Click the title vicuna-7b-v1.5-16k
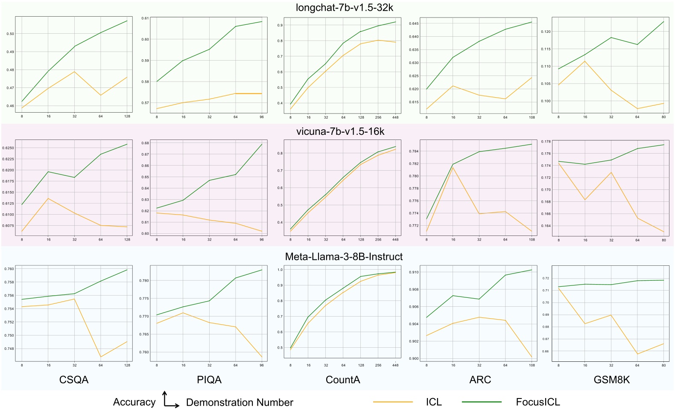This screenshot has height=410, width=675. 340,131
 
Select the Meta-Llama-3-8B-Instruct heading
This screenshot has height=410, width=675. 344,256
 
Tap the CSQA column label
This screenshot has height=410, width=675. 74,380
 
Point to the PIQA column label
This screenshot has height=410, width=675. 209,380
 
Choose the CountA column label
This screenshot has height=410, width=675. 343,380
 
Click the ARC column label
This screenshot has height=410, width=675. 480,380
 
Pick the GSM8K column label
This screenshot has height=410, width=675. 611,380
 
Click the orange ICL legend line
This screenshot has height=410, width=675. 393,402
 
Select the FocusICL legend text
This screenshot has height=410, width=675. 538,402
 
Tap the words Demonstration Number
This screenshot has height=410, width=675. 240,402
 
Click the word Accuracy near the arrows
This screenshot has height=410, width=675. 134,402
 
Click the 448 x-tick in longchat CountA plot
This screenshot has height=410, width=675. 395,117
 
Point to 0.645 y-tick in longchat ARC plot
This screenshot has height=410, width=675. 414,23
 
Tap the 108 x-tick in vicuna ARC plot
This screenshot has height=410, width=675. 532,240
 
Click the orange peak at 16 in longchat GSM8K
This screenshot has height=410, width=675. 585,61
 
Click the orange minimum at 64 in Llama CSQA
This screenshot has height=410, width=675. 101,357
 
